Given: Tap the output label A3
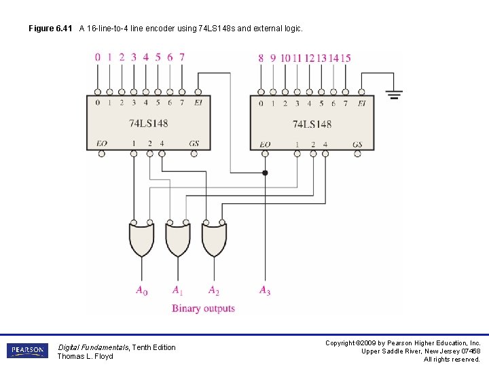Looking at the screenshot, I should (x=264, y=291).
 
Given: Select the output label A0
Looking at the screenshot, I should (x=141, y=291).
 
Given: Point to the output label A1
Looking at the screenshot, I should (x=177, y=291).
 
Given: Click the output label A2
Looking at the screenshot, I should (x=213, y=291).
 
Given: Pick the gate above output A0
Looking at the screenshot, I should (x=141, y=239).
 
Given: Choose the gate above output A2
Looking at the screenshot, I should (x=213, y=239).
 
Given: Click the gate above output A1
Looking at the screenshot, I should (x=177, y=239).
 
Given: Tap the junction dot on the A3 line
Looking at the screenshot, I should (x=265, y=173).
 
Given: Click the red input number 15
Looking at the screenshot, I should (x=346, y=58).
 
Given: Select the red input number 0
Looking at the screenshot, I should (x=98, y=57).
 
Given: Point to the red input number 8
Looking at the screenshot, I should (x=261, y=58).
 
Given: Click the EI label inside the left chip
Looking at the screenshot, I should (x=198, y=103).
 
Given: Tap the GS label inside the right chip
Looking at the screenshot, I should (x=357, y=144).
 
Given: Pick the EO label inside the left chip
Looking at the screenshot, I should (x=102, y=143).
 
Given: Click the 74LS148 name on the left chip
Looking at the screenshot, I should (x=148, y=123).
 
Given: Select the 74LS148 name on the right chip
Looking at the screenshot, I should (x=312, y=124).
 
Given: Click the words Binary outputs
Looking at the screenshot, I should (x=203, y=309).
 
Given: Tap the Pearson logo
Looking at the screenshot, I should (x=27, y=351).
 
